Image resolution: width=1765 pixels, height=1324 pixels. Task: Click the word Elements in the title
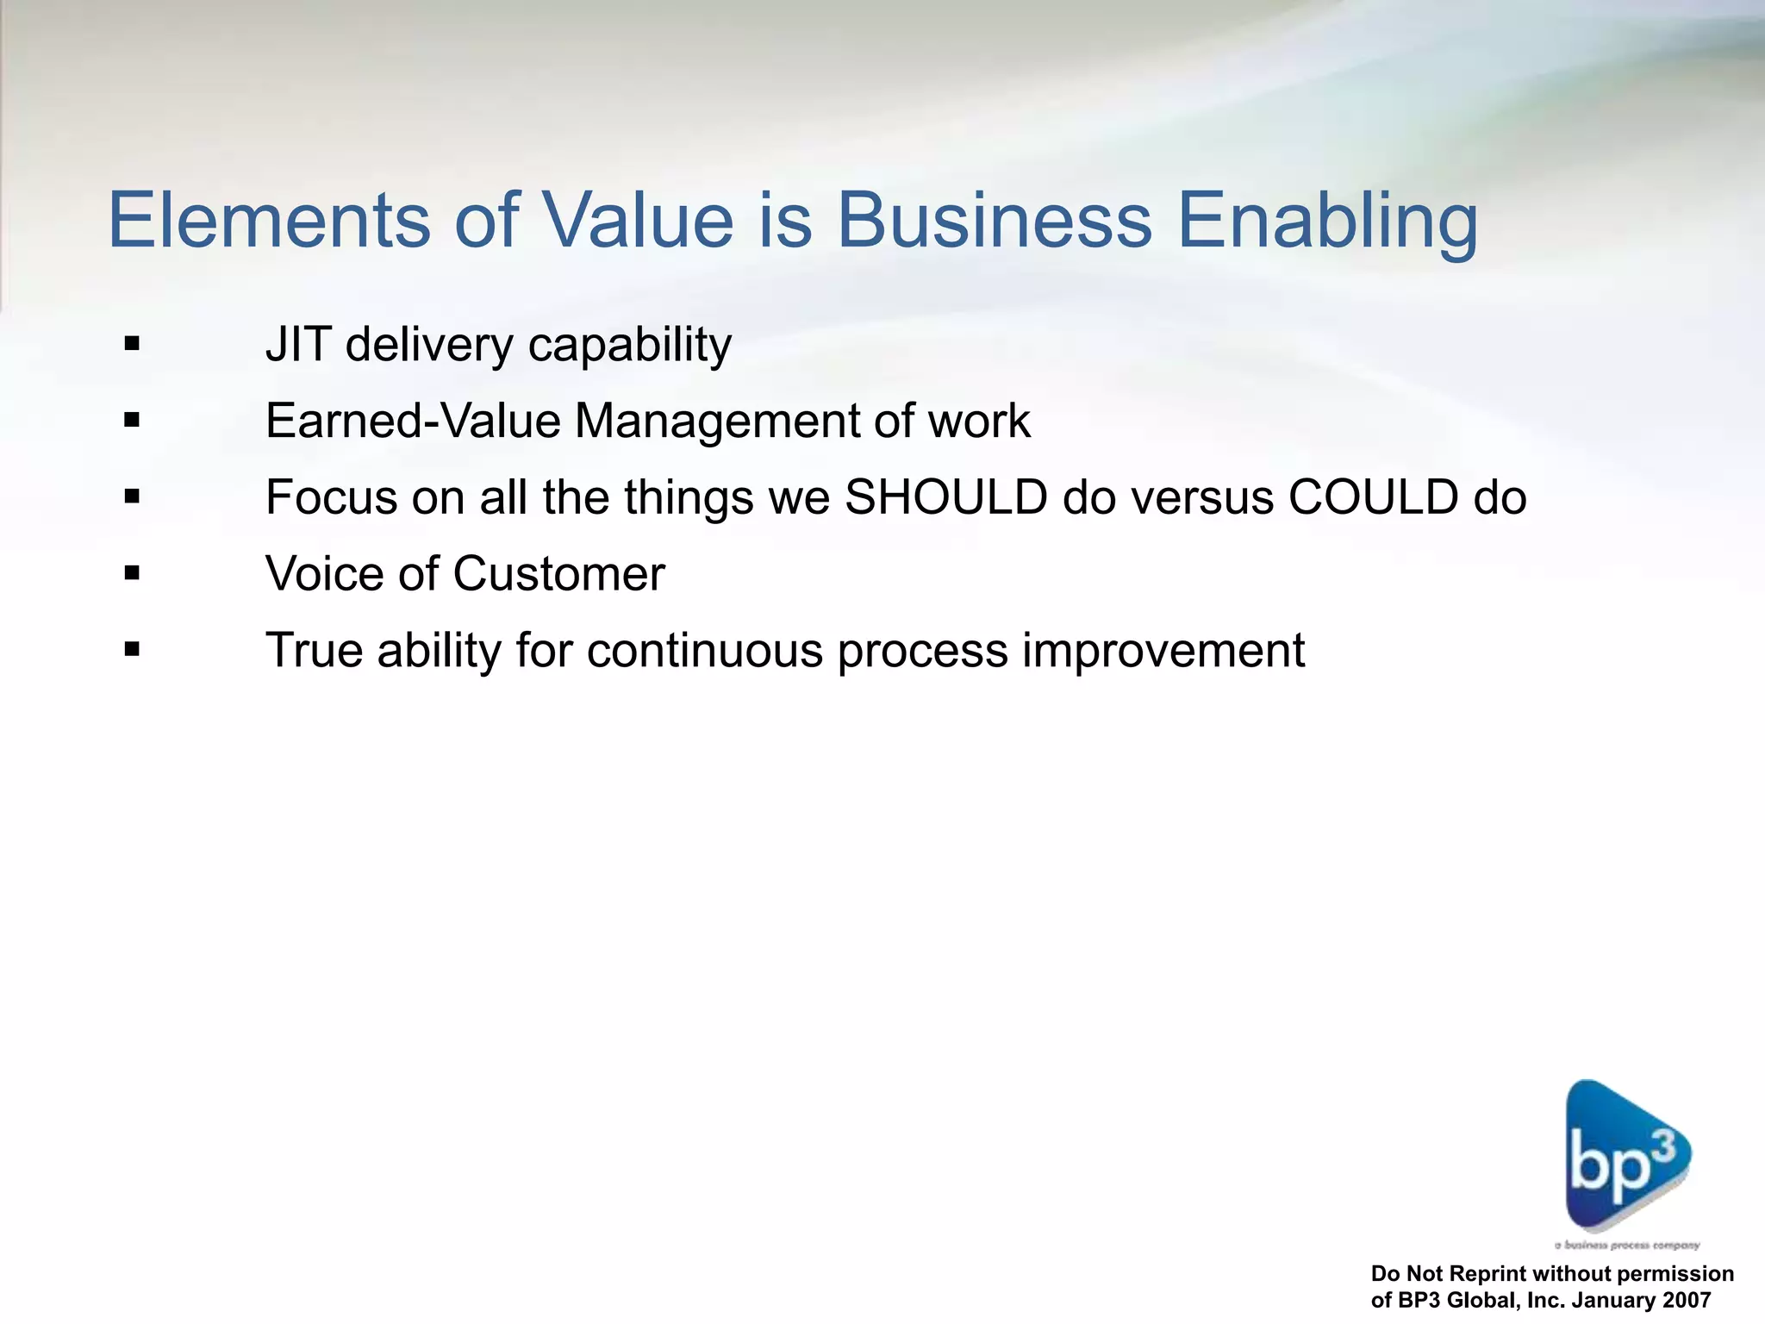pos(268,221)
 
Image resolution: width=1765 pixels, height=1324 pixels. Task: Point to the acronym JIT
pos(297,345)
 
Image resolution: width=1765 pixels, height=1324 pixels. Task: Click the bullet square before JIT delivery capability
pos(132,345)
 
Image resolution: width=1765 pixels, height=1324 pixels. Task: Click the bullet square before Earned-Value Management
pos(132,422)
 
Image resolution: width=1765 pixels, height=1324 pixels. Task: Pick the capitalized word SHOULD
pos(945,497)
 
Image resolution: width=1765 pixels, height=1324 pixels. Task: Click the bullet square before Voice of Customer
pos(132,573)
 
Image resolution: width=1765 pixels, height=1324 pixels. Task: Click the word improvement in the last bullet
pos(1163,651)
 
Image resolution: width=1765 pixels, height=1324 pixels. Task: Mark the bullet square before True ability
pos(132,649)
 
